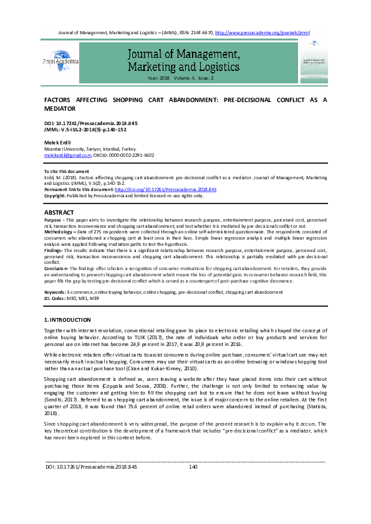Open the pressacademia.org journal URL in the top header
tap(262, 32)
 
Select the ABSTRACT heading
tap(59, 212)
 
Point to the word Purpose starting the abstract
tap(53, 220)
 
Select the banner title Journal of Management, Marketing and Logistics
tap(184, 60)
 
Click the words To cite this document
tap(66, 171)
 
